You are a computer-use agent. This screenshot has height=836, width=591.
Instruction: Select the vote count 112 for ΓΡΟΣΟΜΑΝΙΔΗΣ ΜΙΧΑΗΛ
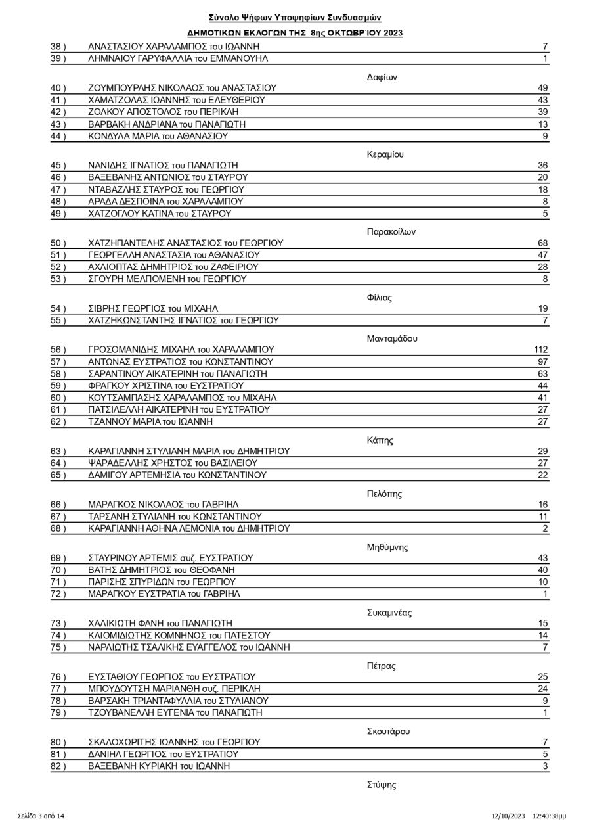[540, 350]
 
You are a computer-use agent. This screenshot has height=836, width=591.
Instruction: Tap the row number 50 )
[58, 243]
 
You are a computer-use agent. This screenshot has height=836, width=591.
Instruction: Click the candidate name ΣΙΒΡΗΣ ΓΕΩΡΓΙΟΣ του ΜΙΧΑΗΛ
[153, 308]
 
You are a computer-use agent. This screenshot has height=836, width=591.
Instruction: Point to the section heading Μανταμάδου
[392, 338]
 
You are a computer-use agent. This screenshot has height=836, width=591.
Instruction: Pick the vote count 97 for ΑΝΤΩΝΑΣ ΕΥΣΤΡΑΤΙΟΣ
[542, 362]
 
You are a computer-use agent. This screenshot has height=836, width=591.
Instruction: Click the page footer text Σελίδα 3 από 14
[41, 816]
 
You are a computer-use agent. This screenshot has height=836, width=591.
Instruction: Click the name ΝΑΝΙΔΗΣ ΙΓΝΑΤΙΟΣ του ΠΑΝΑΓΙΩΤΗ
[163, 166]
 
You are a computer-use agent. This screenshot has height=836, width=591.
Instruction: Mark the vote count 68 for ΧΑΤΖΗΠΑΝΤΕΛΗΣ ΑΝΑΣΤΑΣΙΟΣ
[542, 243]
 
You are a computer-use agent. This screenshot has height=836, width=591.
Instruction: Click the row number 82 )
[58, 766]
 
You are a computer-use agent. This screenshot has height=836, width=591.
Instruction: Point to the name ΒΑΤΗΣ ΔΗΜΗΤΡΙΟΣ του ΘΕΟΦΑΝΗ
[162, 570]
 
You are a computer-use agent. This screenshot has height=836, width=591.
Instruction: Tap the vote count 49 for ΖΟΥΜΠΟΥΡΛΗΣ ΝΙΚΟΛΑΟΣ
[542, 88]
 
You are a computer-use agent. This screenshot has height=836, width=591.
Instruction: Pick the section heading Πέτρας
[381, 666]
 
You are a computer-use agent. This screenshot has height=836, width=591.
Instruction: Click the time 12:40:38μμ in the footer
[549, 816]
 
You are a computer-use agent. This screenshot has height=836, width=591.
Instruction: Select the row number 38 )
[58, 47]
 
